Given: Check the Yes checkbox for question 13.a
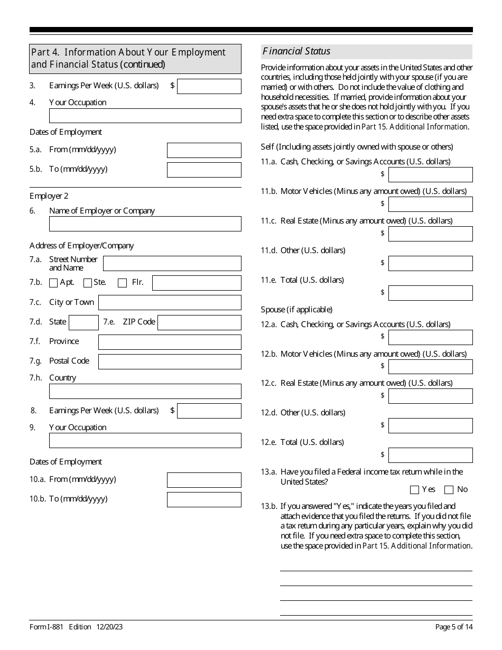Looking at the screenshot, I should coord(414,490).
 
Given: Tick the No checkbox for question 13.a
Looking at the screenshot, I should coord(449,490).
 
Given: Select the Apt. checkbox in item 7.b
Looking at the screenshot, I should coord(53,283).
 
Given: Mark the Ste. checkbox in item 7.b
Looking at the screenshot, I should coord(88,283).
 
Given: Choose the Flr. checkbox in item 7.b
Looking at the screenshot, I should coord(122,283).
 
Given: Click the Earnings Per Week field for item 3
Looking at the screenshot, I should coord(209,86).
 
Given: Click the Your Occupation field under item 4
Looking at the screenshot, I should coord(145,116).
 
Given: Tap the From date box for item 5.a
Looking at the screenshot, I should coord(204,150).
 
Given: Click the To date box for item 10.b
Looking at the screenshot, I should coord(204,499).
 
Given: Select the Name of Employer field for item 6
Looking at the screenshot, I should coord(145,224).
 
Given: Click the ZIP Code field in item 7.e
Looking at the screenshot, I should coord(199,322).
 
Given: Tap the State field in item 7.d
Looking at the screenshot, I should coord(83,322).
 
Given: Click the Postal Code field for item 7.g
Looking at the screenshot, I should coord(170,361).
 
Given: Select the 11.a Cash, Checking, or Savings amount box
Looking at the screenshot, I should coord(430,174).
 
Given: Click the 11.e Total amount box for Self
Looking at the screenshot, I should coord(430,293).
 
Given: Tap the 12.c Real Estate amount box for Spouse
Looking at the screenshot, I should coord(430,396).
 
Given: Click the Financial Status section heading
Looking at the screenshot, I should coord(296,51).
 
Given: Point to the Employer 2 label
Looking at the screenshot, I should coord(49,196).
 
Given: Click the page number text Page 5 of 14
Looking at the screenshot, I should coord(453,627).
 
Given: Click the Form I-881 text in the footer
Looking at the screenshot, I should coord(47,627).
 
